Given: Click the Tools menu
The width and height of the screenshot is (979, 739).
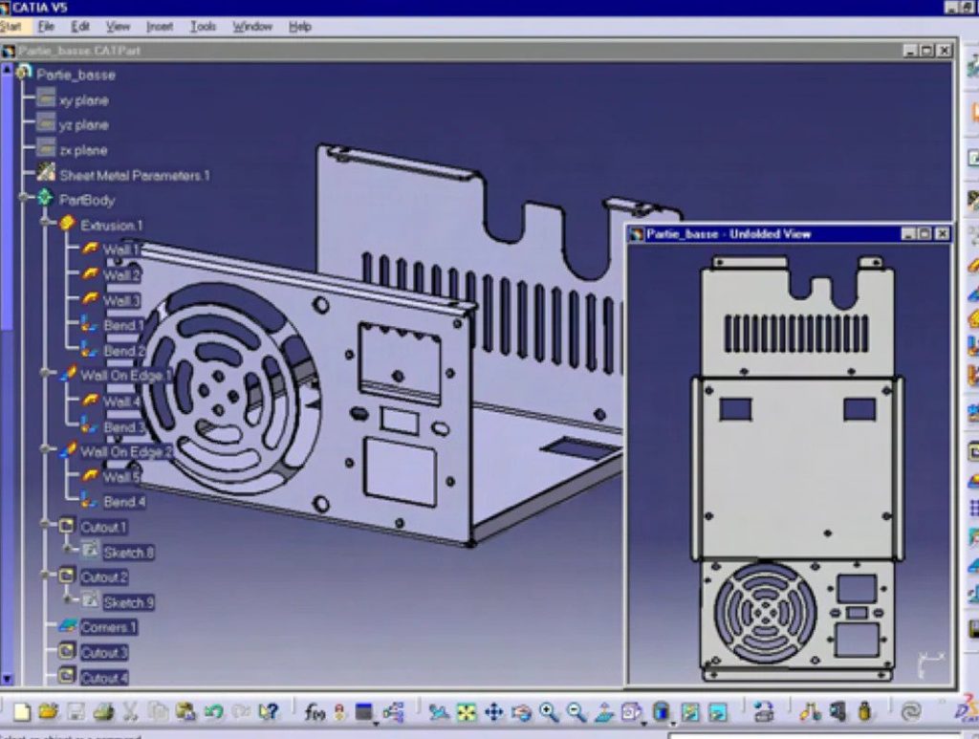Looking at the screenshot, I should (x=203, y=27).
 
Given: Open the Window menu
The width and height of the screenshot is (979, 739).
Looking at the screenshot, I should (x=252, y=27).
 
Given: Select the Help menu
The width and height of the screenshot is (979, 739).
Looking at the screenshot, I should (x=300, y=27).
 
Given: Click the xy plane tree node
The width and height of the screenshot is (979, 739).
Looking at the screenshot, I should (x=83, y=100).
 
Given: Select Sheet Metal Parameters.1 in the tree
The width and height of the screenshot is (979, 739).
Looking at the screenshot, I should (x=134, y=176).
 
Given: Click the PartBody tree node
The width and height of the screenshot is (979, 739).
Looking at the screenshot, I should (x=86, y=201).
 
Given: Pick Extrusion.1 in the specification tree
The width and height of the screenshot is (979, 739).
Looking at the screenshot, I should (x=111, y=226).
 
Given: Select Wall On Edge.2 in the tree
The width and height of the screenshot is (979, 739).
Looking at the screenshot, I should (x=125, y=451).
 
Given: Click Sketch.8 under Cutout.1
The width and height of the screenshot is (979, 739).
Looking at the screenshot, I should (x=128, y=553).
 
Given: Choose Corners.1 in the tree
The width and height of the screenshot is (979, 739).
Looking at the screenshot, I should (x=108, y=627).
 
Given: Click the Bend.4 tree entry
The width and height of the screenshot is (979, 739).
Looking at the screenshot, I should (x=124, y=502).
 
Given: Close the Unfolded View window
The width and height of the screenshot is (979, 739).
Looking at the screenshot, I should (x=943, y=234).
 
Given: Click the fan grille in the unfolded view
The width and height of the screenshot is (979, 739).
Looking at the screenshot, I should (x=766, y=612).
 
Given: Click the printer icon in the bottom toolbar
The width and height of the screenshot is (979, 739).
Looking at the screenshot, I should (x=103, y=712).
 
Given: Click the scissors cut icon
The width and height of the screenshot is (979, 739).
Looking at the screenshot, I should (x=130, y=712).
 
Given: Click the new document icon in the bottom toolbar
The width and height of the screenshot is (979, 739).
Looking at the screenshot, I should (x=21, y=712).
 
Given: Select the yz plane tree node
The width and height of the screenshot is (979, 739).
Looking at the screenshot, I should (x=83, y=125).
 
